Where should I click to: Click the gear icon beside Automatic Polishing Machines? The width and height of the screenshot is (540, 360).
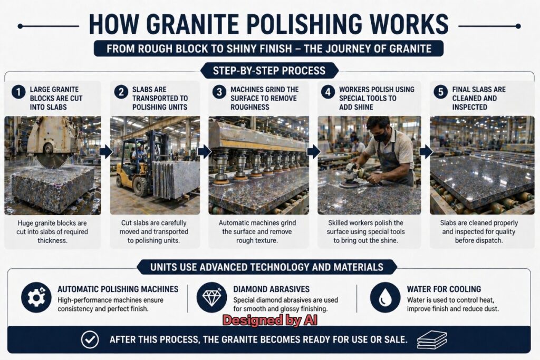click(36, 297)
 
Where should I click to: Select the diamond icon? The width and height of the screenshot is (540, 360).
click(211, 297)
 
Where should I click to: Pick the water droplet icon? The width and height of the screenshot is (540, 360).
click(384, 297)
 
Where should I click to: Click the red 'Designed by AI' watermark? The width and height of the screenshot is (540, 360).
click(269, 320)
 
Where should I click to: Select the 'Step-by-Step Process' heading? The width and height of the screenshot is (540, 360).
click(269, 70)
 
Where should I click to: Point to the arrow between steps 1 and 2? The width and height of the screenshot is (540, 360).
click(105, 152)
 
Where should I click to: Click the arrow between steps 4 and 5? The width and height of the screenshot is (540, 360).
click(426, 152)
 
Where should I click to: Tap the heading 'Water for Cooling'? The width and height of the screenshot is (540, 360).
click(443, 289)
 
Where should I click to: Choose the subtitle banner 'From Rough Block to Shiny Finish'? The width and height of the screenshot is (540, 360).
click(269, 48)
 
